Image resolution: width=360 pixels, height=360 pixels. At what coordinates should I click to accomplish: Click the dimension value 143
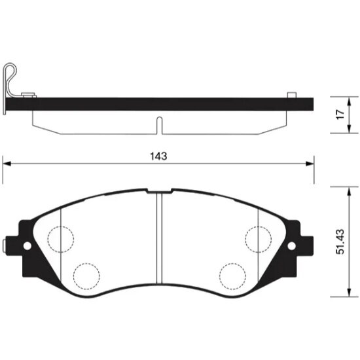[x=158, y=156]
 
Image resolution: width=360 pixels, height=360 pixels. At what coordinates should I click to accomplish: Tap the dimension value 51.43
[x=340, y=242]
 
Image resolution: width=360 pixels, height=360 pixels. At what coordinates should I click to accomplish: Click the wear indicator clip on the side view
[x=10, y=82]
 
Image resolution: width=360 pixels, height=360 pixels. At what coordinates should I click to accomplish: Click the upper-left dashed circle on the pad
[x=61, y=236]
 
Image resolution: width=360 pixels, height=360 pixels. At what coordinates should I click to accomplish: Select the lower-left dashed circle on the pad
[x=84, y=274]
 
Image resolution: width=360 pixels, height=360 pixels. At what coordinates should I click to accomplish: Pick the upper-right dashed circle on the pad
[x=257, y=236]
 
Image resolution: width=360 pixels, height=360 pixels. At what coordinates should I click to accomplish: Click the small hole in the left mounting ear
[x=27, y=246]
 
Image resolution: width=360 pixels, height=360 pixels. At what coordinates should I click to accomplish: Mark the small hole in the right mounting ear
[x=289, y=246]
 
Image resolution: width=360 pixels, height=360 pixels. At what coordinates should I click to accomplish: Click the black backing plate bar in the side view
[x=164, y=103]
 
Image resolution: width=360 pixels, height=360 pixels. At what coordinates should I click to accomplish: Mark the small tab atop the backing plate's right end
[x=288, y=96]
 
